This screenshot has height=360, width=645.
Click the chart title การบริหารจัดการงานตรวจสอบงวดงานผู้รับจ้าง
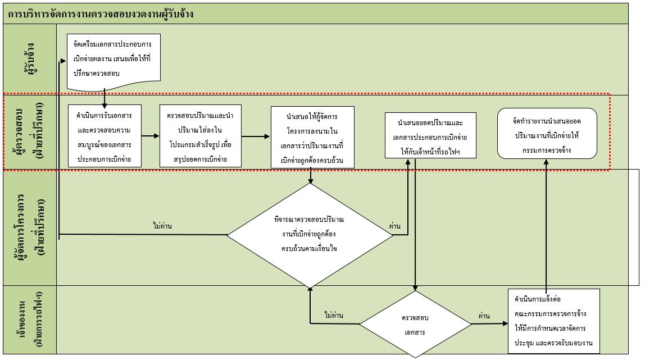101,15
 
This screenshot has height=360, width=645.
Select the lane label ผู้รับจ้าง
30,58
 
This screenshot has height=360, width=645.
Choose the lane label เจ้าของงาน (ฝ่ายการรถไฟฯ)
30,319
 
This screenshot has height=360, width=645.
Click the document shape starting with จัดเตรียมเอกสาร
113,62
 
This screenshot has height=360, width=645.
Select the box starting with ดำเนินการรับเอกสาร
105,136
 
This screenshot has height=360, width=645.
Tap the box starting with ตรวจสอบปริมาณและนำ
201,136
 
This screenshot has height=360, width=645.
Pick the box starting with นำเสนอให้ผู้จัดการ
312,137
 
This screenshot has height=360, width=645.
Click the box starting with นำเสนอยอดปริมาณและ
430,135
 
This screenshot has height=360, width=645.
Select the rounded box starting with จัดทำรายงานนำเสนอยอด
547,134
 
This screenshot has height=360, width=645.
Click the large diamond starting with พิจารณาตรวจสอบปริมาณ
310,235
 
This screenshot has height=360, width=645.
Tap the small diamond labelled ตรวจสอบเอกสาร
415,324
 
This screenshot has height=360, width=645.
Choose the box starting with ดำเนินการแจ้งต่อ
553,321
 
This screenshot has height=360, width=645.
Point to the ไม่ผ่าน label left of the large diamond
162,226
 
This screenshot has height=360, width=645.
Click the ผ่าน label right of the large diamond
394,226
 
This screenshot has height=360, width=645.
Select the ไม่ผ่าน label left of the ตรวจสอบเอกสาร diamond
334,315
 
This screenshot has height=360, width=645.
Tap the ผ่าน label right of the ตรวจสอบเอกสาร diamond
484,316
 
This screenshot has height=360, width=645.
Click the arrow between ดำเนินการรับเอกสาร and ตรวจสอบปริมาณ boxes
150,136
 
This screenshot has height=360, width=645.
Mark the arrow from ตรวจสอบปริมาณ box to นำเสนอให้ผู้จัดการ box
256,136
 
